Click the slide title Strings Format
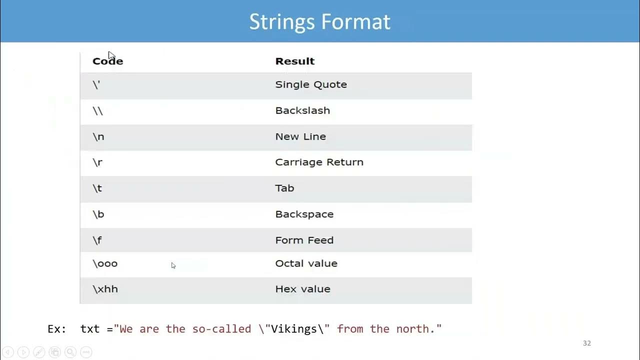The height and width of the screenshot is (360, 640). pyautogui.click(x=319, y=22)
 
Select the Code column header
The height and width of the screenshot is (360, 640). pyautogui.click(x=107, y=61)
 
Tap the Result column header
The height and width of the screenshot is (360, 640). pyautogui.click(x=294, y=61)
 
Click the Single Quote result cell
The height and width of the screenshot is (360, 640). pyautogui.click(x=310, y=84)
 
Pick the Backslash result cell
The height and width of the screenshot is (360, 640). pyautogui.click(x=302, y=110)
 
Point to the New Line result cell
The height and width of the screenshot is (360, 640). pyautogui.click(x=300, y=136)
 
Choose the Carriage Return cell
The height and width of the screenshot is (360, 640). pyautogui.click(x=319, y=162)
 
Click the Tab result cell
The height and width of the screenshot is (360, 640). pyautogui.click(x=284, y=188)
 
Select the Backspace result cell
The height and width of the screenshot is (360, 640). pyautogui.click(x=304, y=214)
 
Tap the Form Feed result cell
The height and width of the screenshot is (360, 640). pyautogui.click(x=304, y=240)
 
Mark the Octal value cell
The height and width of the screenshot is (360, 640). pyautogui.click(x=306, y=263)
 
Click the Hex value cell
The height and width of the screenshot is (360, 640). pyautogui.click(x=302, y=289)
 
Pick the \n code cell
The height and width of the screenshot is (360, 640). pyautogui.click(x=98, y=136)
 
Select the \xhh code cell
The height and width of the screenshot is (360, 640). pyautogui.click(x=105, y=289)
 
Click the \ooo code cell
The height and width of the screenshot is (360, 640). pyautogui.click(x=105, y=263)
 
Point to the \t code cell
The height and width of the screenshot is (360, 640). pyautogui.click(x=97, y=188)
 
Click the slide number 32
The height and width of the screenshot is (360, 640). pyautogui.click(x=587, y=343)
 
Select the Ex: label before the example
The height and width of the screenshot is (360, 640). pyautogui.click(x=56, y=329)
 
